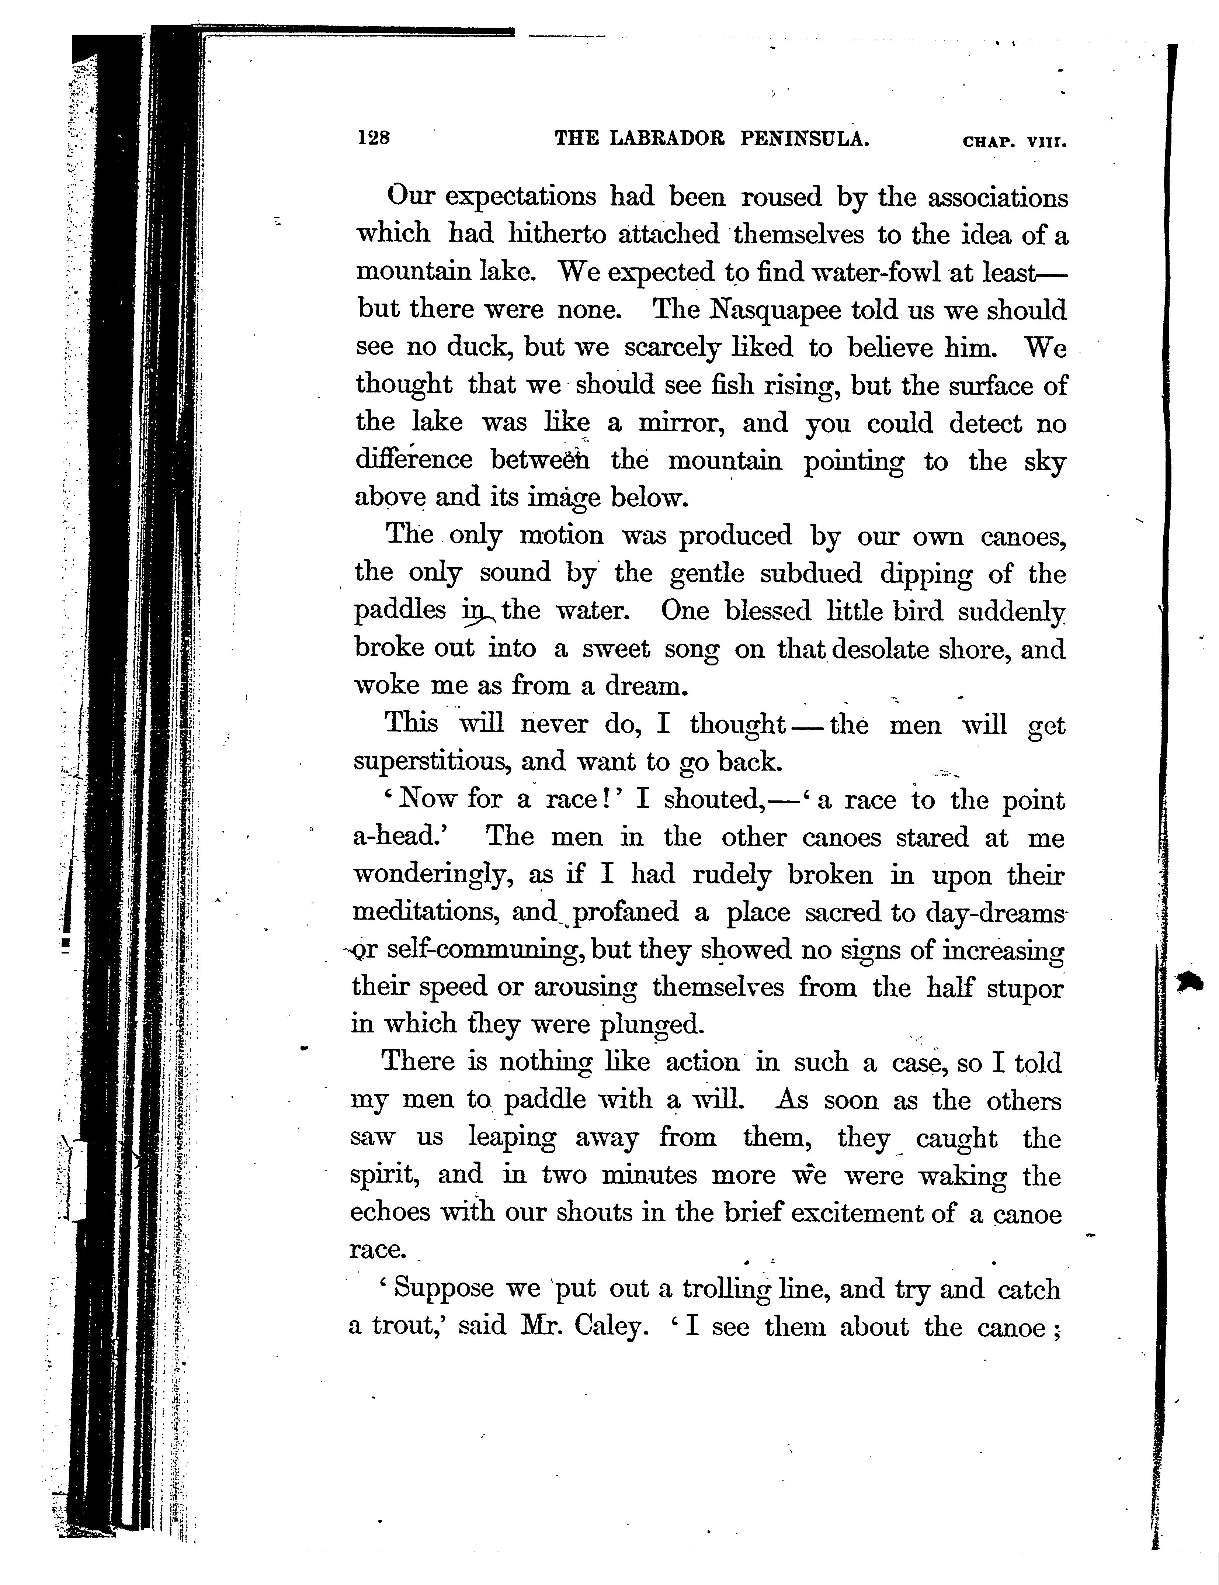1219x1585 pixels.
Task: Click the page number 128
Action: point(374,138)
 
